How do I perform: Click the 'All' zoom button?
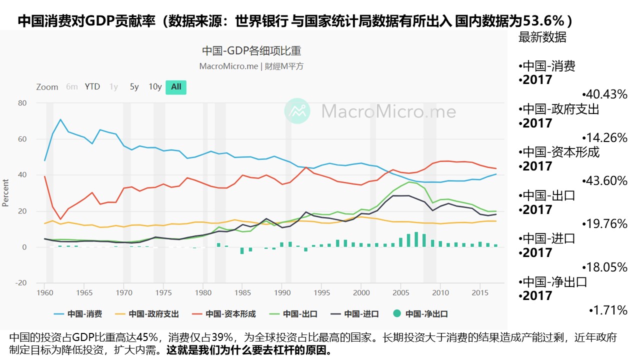tap(176, 86)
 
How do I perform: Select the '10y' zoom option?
tap(155, 86)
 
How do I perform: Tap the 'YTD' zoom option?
tap(92, 86)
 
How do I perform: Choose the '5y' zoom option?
tap(134, 86)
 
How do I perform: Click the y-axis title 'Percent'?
tap(6, 192)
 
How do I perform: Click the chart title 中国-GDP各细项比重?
tap(251, 51)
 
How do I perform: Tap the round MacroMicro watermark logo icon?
tap(297, 110)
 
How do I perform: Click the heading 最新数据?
tap(542, 37)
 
